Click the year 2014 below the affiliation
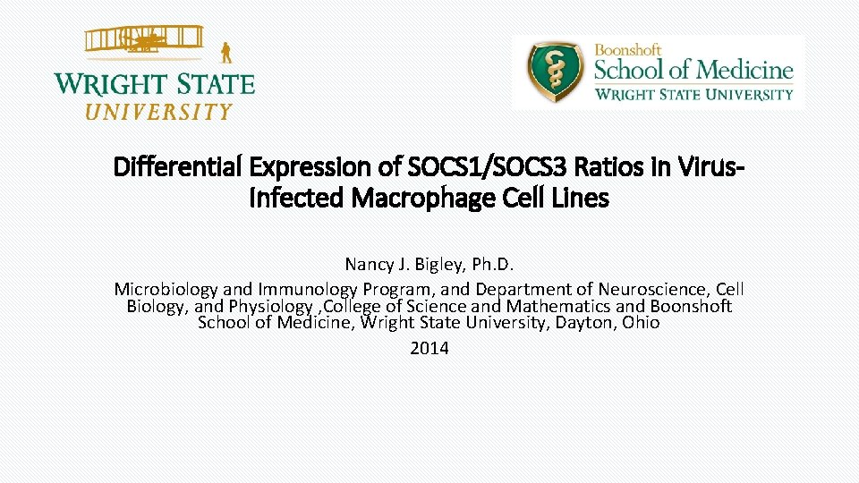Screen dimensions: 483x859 click(429, 349)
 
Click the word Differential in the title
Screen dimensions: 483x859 click(179, 166)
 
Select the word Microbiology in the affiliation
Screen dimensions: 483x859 click(166, 290)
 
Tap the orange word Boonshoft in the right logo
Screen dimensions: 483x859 click(628, 51)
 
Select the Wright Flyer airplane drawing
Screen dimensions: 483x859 click(143, 42)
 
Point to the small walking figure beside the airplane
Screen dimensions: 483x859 click(226, 52)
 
